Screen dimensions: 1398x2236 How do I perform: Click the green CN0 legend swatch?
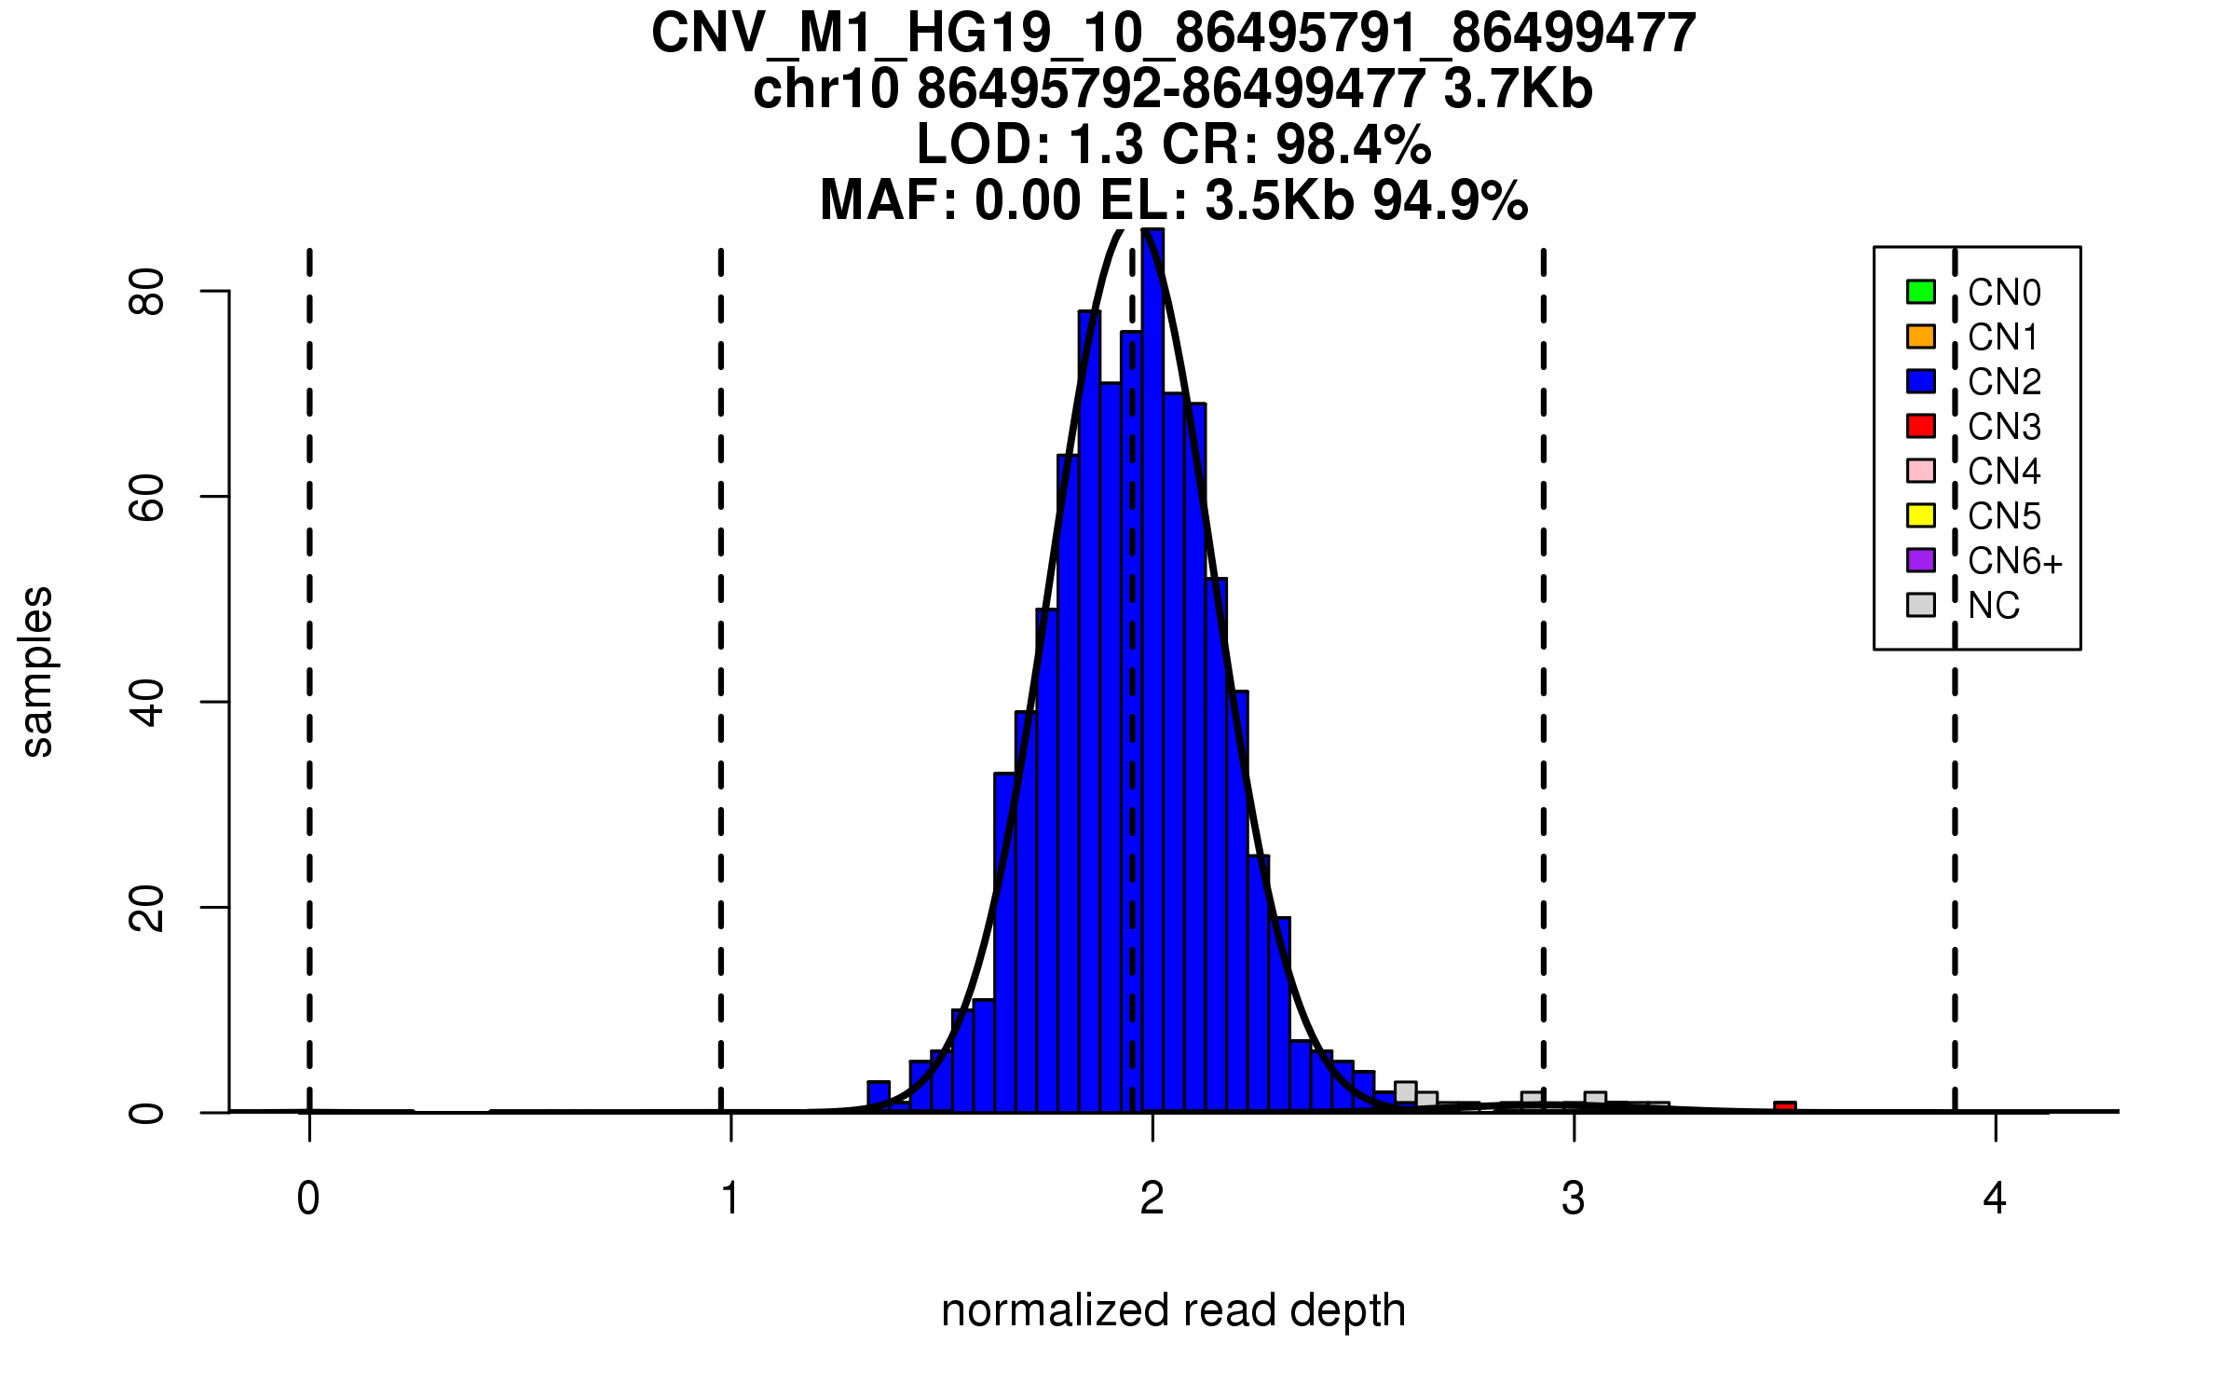1920,292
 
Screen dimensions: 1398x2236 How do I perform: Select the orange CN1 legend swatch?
1920,336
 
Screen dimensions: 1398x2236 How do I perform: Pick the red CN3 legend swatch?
1920,426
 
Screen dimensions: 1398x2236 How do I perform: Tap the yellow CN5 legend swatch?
1920,515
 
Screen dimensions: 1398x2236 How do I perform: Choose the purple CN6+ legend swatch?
1920,560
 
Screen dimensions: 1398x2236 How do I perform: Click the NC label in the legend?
1993,606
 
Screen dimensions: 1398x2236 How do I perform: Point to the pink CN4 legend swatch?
1920,471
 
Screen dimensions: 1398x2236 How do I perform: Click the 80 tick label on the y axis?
147,292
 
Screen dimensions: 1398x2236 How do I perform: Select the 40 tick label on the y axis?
147,702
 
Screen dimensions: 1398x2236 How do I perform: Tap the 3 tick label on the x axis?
1574,1199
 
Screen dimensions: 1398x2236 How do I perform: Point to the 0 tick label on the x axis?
308,1199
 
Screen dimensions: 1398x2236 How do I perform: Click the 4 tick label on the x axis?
1995,1199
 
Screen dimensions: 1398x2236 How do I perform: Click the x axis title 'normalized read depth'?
1173,1310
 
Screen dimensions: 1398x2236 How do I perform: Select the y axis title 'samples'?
37,672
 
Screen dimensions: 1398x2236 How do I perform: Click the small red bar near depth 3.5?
1784,1107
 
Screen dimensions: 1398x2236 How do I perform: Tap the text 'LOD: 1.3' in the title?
1030,144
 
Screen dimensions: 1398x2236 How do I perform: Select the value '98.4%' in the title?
1353,144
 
